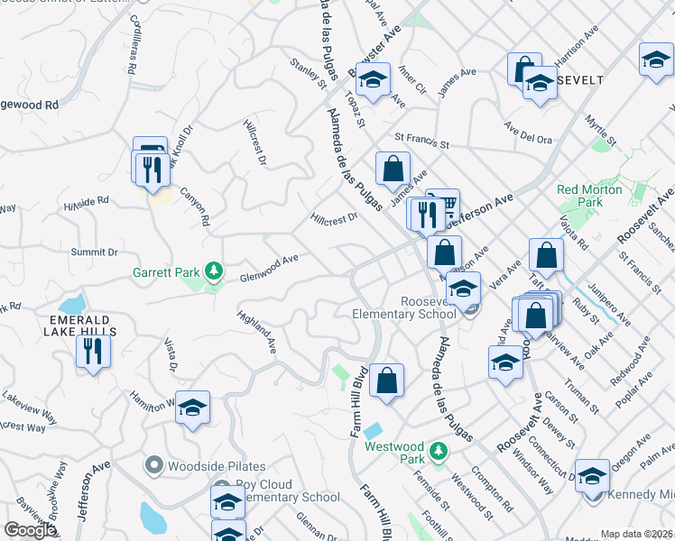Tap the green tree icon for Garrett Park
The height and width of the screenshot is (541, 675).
(x=213, y=270)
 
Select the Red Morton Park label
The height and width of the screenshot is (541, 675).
(x=579, y=196)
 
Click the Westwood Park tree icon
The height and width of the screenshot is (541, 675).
(x=438, y=449)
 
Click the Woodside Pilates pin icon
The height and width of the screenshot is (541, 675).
(x=153, y=466)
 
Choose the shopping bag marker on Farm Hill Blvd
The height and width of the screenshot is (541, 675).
(x=386, y=381)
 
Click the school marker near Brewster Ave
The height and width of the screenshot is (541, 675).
(x=372, y=80)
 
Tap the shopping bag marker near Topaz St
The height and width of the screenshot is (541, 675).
(x=393, y=168)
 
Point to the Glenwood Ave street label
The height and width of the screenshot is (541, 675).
(x=269, y=268)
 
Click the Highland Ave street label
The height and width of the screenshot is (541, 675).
(x=257, y=333)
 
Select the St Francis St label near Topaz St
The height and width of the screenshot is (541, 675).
(x=421, y=142)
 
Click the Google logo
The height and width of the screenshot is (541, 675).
(x=30, y=530)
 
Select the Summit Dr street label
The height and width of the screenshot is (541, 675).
(x=95, y=252)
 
